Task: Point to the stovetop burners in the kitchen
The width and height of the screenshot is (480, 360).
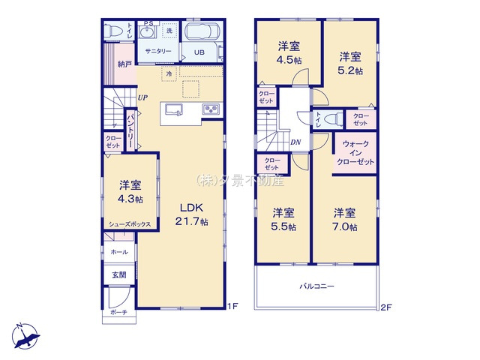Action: pos(209,111)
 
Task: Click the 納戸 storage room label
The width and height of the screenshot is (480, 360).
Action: pos(124,65)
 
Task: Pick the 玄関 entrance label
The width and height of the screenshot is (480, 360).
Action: pos(120,275)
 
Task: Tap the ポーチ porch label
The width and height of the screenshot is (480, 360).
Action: pos(118,311)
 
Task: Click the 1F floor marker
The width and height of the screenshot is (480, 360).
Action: pos(233,306)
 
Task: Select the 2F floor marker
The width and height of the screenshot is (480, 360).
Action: pos(386,306)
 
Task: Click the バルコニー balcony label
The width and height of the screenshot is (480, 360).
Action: pos(318,286)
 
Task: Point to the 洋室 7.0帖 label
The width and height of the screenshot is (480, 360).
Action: pos(345,219)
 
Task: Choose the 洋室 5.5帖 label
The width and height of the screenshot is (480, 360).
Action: pos(283,219)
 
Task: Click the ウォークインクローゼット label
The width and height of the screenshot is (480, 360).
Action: pos(355,152)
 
